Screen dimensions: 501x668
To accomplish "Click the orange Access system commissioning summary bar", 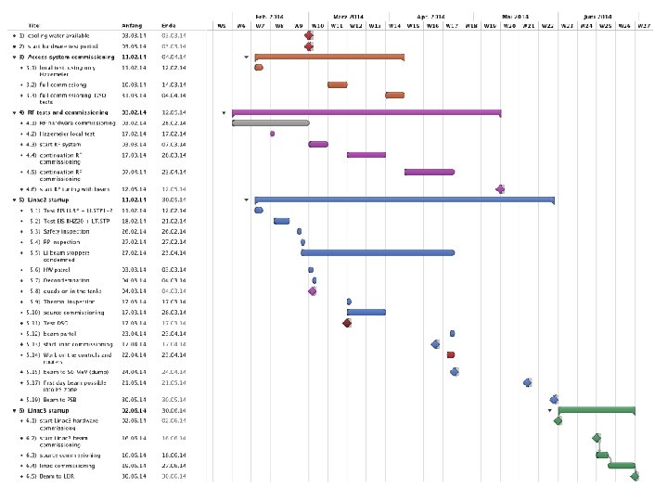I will pos(329,57).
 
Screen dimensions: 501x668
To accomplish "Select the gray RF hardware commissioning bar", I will pos(270,122).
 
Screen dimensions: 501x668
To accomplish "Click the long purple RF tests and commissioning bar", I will pos(366,112).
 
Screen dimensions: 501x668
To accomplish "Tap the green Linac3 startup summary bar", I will pos(597,409).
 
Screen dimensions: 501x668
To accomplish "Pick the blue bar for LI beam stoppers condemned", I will pos(378,252).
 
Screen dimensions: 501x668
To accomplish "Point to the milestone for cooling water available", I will pos(309,35).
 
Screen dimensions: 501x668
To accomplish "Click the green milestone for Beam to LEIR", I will pos(636,477).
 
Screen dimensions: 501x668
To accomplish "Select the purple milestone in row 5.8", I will pos(313,291).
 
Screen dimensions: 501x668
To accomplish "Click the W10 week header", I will pos(317,26).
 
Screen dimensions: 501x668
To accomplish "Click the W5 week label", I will pos(221,26).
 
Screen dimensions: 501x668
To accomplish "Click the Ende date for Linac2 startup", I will pos(173,199).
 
